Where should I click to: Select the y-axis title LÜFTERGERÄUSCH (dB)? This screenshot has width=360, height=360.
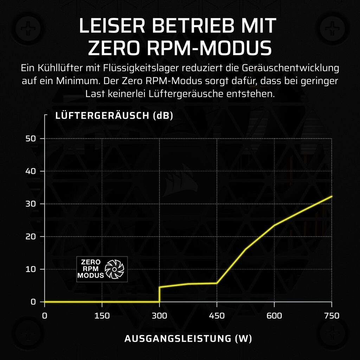(x=114, y=116)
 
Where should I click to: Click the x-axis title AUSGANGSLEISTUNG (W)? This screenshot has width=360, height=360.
(x=188, y=339)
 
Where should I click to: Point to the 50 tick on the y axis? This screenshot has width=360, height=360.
(x=31, y=139)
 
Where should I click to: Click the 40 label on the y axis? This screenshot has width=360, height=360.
(x=31, y=171)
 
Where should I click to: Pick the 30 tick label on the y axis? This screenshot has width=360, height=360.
(x=31, y=204)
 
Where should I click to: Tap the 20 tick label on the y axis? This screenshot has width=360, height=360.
(x=31, y=237)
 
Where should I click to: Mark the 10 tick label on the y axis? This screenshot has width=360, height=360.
(x=31, y=269)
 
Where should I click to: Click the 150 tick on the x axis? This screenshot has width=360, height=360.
(x=102, y=316)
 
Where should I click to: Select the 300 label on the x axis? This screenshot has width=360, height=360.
(x=159, y=316)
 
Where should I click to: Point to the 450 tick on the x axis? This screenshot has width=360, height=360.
(x=217, y=316)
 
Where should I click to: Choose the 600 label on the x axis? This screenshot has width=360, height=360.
(x=274, y=316)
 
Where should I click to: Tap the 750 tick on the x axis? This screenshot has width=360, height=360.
(x=332, y=316)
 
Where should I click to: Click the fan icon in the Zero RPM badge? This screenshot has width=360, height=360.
(x=115, y=269)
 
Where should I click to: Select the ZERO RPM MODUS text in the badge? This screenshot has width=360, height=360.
(x=91, y=269)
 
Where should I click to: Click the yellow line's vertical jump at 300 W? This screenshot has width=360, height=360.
(x=160, y=295)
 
